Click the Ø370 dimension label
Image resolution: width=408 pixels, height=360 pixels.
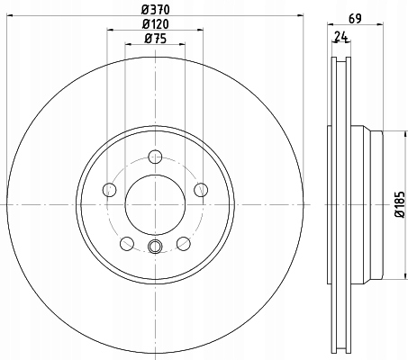[155, 10]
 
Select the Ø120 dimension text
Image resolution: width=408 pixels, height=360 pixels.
[155, 24]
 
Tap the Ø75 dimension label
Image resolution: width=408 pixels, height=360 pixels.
[155, 39]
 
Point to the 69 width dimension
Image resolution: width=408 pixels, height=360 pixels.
[355, 19]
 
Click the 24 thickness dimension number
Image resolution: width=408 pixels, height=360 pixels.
[340, 37]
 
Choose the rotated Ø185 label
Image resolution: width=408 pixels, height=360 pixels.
[400, 204]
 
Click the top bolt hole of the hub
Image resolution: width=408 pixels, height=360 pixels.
[155, 157]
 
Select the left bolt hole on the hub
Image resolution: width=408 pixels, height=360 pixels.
[110, 190]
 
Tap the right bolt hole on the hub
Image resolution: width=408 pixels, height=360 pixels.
[201, 190]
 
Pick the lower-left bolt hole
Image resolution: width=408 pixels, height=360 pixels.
[127, 243]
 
